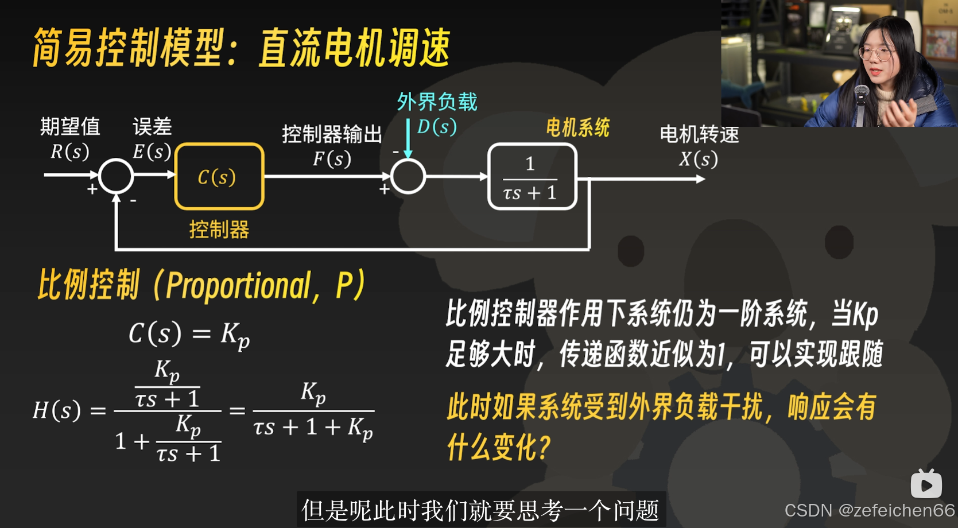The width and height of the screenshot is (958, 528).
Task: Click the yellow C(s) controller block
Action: click(x=219, y=176)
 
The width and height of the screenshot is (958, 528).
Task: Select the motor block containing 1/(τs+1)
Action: click(x=532, y=177)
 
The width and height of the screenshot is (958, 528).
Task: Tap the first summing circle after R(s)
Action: click(x=116, y=176)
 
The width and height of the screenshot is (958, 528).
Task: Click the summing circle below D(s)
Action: click(x=408, y=176)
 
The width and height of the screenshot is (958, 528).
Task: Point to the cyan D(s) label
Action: click(x=437, y=127)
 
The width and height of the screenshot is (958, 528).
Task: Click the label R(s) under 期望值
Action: click(x=69, y=152)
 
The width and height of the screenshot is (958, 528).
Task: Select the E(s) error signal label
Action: click(x=152, y=152)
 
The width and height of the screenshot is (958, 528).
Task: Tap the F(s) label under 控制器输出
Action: click(x=332, y=158)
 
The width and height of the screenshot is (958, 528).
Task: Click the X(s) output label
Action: click(x=698, y=158)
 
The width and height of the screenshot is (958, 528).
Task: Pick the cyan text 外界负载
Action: click(x=437, y=102)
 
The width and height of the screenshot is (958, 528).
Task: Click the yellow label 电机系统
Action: click(x=577, y=127)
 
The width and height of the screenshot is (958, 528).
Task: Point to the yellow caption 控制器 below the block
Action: click(x=219, y=230)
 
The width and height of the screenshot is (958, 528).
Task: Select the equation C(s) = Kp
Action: click(x=189, y=334)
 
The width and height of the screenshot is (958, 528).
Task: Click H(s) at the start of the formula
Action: click(x=56, y=410)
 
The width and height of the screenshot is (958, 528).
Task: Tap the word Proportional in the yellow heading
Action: click(x=238, y=286)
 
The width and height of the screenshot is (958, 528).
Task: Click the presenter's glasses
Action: click(x=876, y=54)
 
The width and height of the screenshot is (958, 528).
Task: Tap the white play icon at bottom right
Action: click(x=926, y=485)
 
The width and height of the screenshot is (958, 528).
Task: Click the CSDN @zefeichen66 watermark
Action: click(x=869, y=510)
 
